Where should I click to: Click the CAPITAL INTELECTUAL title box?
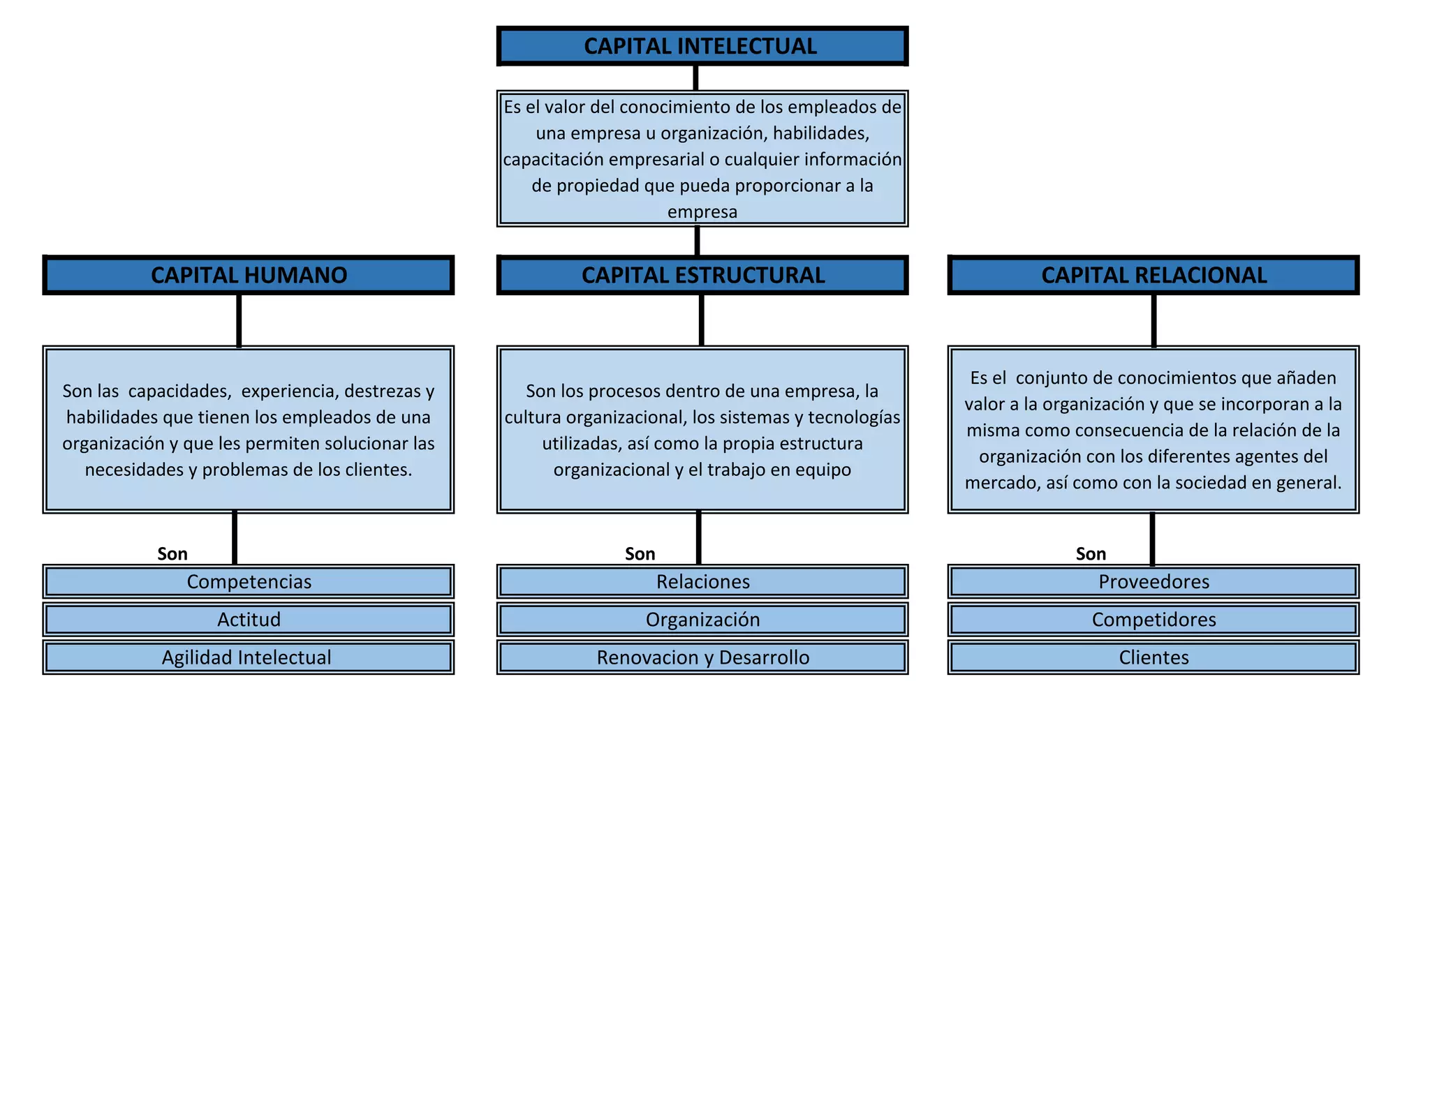pyautogui.click(x=701, y=46)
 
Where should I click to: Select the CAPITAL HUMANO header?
pyautogui.click(x=249, y=275)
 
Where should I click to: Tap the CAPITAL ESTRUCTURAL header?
pyautogui.click(x=702, y=275)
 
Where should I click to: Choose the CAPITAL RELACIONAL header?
pyautogui.click(x=1153, y=275)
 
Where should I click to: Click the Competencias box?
pyautogui.click(x=249, y=581)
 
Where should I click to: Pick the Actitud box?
pyautogui.click(x=249, y=619)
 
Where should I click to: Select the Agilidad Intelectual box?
pyautogui.click(x=249, y=657)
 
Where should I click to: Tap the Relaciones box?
pyautogui.click(x=702, y=581)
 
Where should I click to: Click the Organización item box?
pyautogui.click(x=702, y=619)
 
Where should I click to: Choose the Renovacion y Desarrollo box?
pyautogui.click(x=702, y=657)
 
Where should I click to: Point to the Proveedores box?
pyautogui.click(x=1153, y=581)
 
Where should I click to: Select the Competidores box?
pyautogui.click(x=1153, y=619)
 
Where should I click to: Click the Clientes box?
pyautogui.click(x=1153, y=657)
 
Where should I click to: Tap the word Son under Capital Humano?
pyautogui.click(x=172, y=554)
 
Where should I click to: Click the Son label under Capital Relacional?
pyautogui.click(x=1091, y=554)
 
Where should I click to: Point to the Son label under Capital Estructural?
pyautogui.click(x=640, y=554)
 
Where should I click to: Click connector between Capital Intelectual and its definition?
pyautogui.click(x=695, y=77)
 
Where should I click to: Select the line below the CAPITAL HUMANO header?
pyautogui.click(x=239, y=320)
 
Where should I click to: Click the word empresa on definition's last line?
pyautogui.click(x=702, y=211)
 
